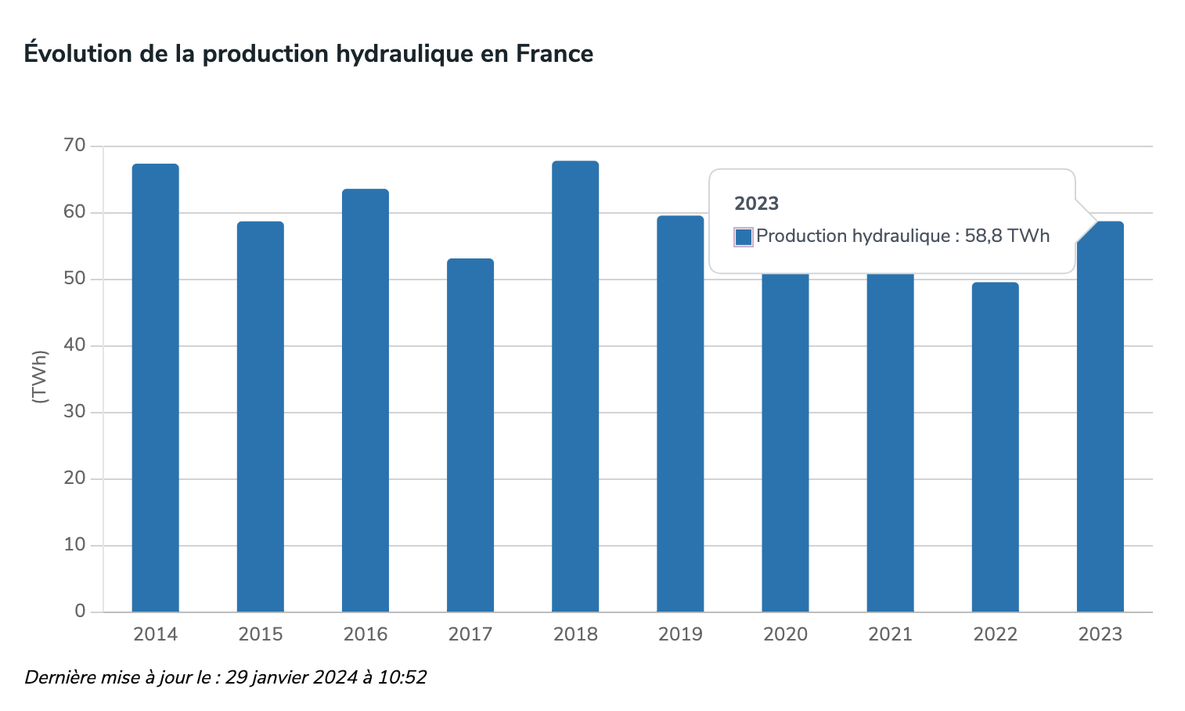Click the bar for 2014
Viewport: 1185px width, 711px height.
(155, 388)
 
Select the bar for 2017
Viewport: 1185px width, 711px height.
(470, 435)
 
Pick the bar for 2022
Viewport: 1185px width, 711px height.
(995, 446)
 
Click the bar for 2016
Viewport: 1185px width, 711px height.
(366, 400)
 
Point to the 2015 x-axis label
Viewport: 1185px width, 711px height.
(261, 634)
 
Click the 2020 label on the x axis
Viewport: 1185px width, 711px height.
(785, 634)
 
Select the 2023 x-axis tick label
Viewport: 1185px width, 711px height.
(1100, 634)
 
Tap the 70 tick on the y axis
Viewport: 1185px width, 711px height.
(75, 146)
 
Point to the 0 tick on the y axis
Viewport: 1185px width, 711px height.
(80, 612)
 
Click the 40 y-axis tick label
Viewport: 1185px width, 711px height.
(75, 345)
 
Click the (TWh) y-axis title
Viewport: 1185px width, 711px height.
(40, 377)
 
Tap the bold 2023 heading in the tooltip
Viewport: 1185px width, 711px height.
(756, 204)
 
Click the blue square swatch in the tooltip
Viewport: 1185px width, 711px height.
(744, 236)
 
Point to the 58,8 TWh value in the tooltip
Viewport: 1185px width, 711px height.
(1007, 236)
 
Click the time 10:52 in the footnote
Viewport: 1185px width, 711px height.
(402, 677)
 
